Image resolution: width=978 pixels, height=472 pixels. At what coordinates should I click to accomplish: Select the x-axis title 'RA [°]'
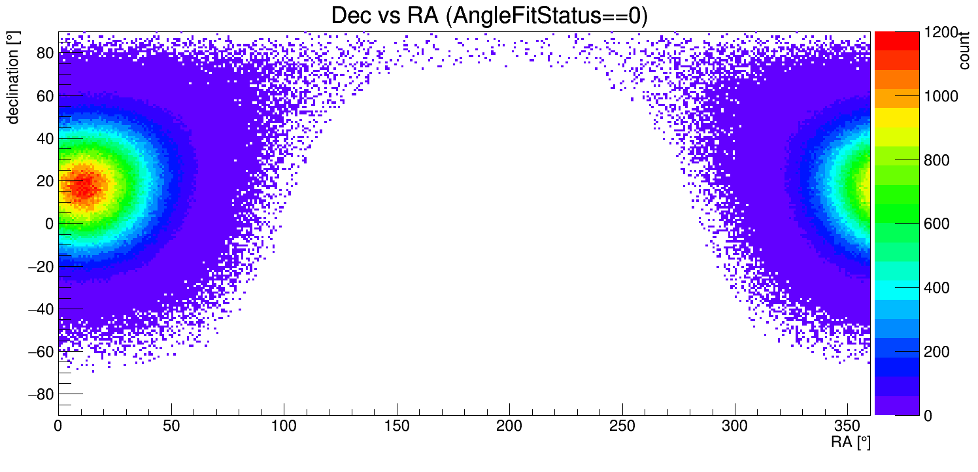click(x=850, y=443)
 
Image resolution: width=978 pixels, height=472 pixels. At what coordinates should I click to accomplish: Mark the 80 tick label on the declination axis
click(x=44, y=53)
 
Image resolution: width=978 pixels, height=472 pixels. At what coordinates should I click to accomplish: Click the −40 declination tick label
click(x=41, y=309)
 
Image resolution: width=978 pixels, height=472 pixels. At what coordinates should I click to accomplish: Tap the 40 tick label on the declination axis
click(x=44, y=138)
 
